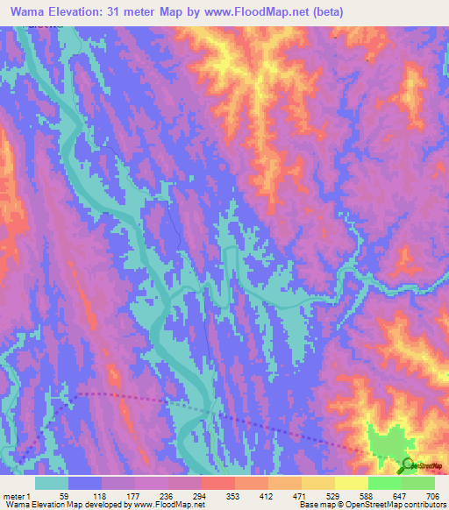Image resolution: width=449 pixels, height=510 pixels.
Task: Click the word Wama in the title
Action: click(x=32, y=12)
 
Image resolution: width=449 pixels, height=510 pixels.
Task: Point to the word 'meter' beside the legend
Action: click(x=13, y=495)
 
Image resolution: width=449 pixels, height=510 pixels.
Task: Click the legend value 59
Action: click(x=64, y=495)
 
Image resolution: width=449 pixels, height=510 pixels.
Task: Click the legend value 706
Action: click(x=431, y=495)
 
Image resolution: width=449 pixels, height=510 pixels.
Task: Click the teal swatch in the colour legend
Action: click(x=52, y=483)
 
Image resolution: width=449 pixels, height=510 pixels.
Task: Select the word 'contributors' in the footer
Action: click(x=423, y=505)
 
